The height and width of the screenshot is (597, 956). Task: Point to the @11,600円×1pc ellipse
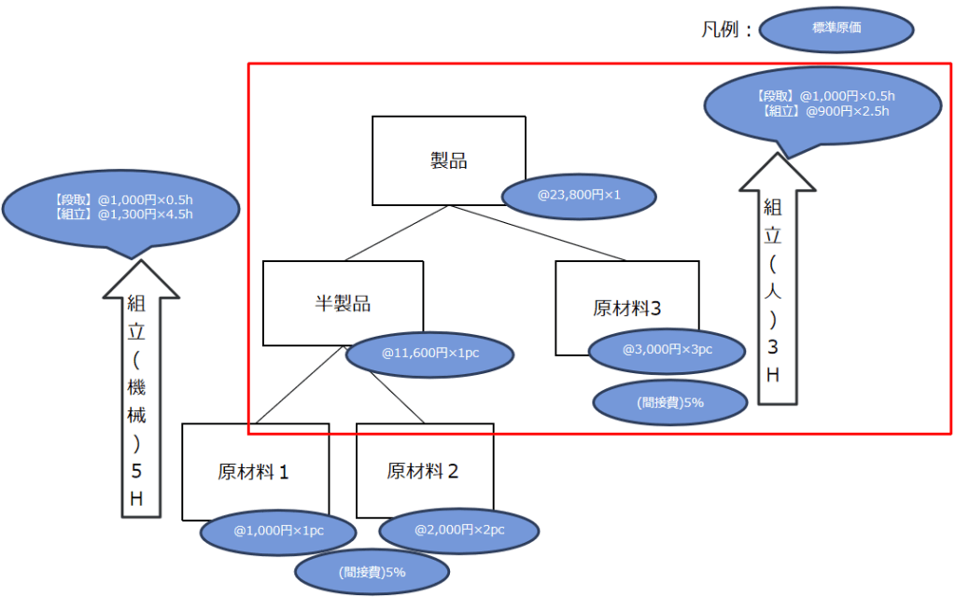(x=429, y=354)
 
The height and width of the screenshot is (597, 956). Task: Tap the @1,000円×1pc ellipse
(x=278, y=531)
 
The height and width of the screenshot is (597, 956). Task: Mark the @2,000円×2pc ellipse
(x=459, y=530)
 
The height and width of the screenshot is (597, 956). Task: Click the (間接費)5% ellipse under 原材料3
(x=670, y=403)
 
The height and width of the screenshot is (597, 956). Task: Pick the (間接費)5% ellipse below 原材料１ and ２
(x=372, y=572)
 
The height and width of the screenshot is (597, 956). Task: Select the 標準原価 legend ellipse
(x=836, y=29)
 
